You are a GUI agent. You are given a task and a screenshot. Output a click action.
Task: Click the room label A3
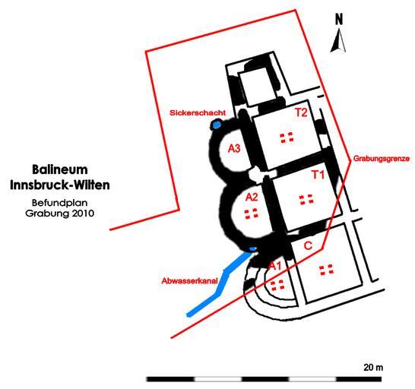[x=234, y=149]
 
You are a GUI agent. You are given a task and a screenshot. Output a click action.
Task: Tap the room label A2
[x=252, y=197]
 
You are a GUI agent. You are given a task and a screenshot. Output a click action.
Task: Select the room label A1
[x=275, y=266]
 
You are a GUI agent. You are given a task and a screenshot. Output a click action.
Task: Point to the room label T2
[x=301, y=112]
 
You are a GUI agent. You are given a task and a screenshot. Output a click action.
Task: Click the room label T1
[x=318, y=175]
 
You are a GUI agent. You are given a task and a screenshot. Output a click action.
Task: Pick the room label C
[x=308, y=246]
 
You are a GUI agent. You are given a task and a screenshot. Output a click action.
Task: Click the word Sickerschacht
[x=198, y=112]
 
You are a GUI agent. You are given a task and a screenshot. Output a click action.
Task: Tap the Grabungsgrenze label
[x=382, y=159]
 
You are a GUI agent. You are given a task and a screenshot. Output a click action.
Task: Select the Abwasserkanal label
[x=190, y=281]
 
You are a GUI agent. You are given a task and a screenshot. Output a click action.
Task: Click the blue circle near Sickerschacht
[x=217, y=125]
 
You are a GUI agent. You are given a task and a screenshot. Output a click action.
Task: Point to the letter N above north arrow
[x=339, y=19]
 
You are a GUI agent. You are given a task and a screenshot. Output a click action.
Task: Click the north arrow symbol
[x=338, y=40]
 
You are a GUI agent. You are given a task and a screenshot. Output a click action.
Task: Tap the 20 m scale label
[x=373, y=367]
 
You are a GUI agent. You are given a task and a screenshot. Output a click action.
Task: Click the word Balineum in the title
[x=60, y=169]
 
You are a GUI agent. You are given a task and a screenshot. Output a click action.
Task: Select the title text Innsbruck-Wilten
[x=60, y=185]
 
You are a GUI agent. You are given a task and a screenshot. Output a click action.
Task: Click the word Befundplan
[x=60, y=203]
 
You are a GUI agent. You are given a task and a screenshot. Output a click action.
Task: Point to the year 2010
[x=81, y=213]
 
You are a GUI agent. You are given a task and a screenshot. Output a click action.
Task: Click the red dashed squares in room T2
[x=287, y=138]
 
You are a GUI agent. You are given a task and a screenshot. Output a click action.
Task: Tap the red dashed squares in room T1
[x=306, y=200]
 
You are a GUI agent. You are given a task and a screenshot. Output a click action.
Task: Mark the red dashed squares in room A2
[x=251, y=213]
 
